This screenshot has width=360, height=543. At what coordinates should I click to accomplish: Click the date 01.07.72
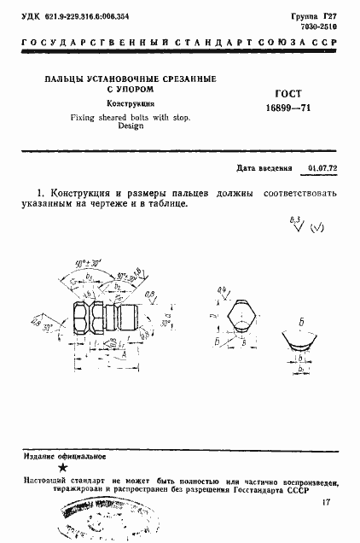[322, 169]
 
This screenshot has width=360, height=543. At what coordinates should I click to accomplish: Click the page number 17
[328, 504]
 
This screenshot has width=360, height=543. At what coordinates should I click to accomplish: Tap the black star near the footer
[61, 466]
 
